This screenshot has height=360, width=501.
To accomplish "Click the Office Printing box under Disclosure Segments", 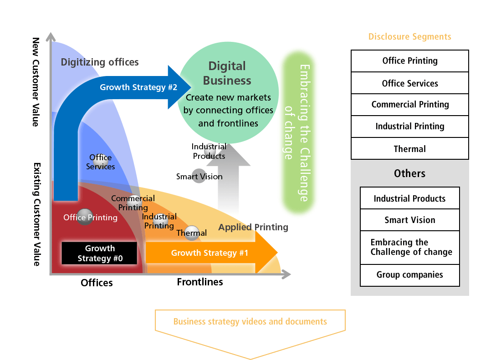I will coord(409,61).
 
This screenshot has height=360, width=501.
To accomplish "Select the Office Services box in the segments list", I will coord(409,83).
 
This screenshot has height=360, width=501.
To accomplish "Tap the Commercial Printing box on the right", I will coord(409,105).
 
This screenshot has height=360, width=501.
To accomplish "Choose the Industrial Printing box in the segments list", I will coord(409,127).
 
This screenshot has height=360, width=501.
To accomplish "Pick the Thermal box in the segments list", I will coord(409,149).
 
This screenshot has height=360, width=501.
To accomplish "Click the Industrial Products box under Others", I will coord(409,198).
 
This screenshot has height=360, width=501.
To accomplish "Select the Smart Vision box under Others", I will coord(409,220).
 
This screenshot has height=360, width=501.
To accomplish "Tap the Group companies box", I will coord(409,275).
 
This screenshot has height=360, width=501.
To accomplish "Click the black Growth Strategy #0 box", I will coord(99,254).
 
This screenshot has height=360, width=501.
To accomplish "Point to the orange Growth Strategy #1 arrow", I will coord(210,253).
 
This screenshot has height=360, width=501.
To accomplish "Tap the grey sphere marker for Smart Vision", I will coord(199,176).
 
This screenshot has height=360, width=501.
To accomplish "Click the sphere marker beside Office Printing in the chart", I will coord(85,217).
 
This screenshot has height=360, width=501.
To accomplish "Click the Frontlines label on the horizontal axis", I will coord(200,282).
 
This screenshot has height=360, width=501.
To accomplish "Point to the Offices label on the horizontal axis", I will coord(97,283).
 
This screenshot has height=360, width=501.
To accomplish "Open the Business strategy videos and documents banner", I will coord(250,322).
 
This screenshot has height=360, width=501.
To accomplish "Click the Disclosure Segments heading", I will coord(409,37).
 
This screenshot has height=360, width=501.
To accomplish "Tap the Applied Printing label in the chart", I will coord(253,227).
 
